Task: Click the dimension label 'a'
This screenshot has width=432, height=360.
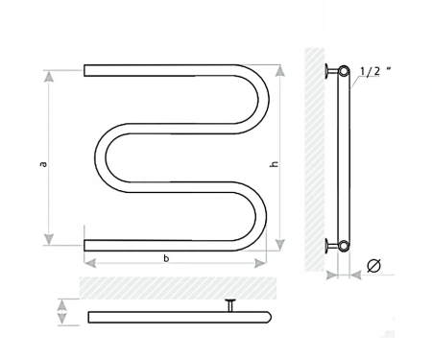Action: coord(43,164)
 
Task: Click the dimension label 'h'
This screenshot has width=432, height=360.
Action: coord(275,163)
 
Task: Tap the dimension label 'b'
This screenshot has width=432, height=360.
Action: coord(166,258)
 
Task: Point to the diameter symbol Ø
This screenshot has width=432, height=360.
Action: coord(374,266)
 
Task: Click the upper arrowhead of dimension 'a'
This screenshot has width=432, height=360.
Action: coord(49,76)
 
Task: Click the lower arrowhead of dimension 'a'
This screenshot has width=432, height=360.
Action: coord(49,239)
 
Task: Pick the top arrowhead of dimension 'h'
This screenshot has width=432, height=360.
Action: coord(280,70)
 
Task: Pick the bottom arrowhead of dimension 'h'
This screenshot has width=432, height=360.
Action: coord(280,245)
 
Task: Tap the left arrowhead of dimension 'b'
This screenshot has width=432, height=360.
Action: coord(90,263)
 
